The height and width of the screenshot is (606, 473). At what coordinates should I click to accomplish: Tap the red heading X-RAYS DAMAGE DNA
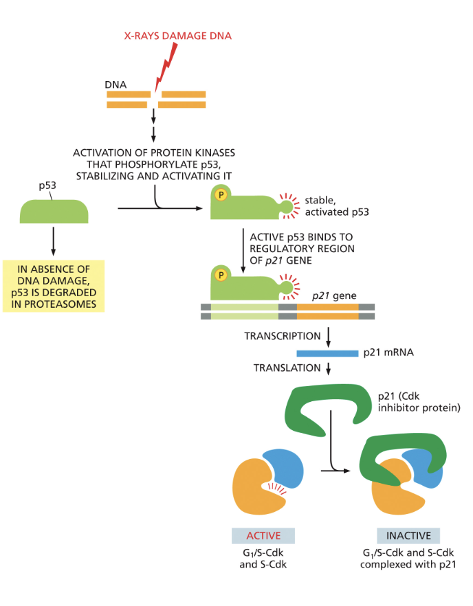tap(177, 36)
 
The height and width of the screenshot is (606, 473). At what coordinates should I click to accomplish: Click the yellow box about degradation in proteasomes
tap(54, 286)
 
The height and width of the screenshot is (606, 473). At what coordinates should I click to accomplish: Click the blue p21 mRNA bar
tap(327, 353)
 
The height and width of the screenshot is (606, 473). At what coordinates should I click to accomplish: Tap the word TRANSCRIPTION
tap(283, 337)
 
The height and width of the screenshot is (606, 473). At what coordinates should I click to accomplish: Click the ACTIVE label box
tap(263, 536)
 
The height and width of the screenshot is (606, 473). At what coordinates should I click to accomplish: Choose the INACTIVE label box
tap(408, 536)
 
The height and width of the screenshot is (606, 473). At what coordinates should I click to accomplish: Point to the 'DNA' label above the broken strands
tap(115, 84)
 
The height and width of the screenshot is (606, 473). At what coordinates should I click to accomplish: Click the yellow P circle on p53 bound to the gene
tap(221, 275)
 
